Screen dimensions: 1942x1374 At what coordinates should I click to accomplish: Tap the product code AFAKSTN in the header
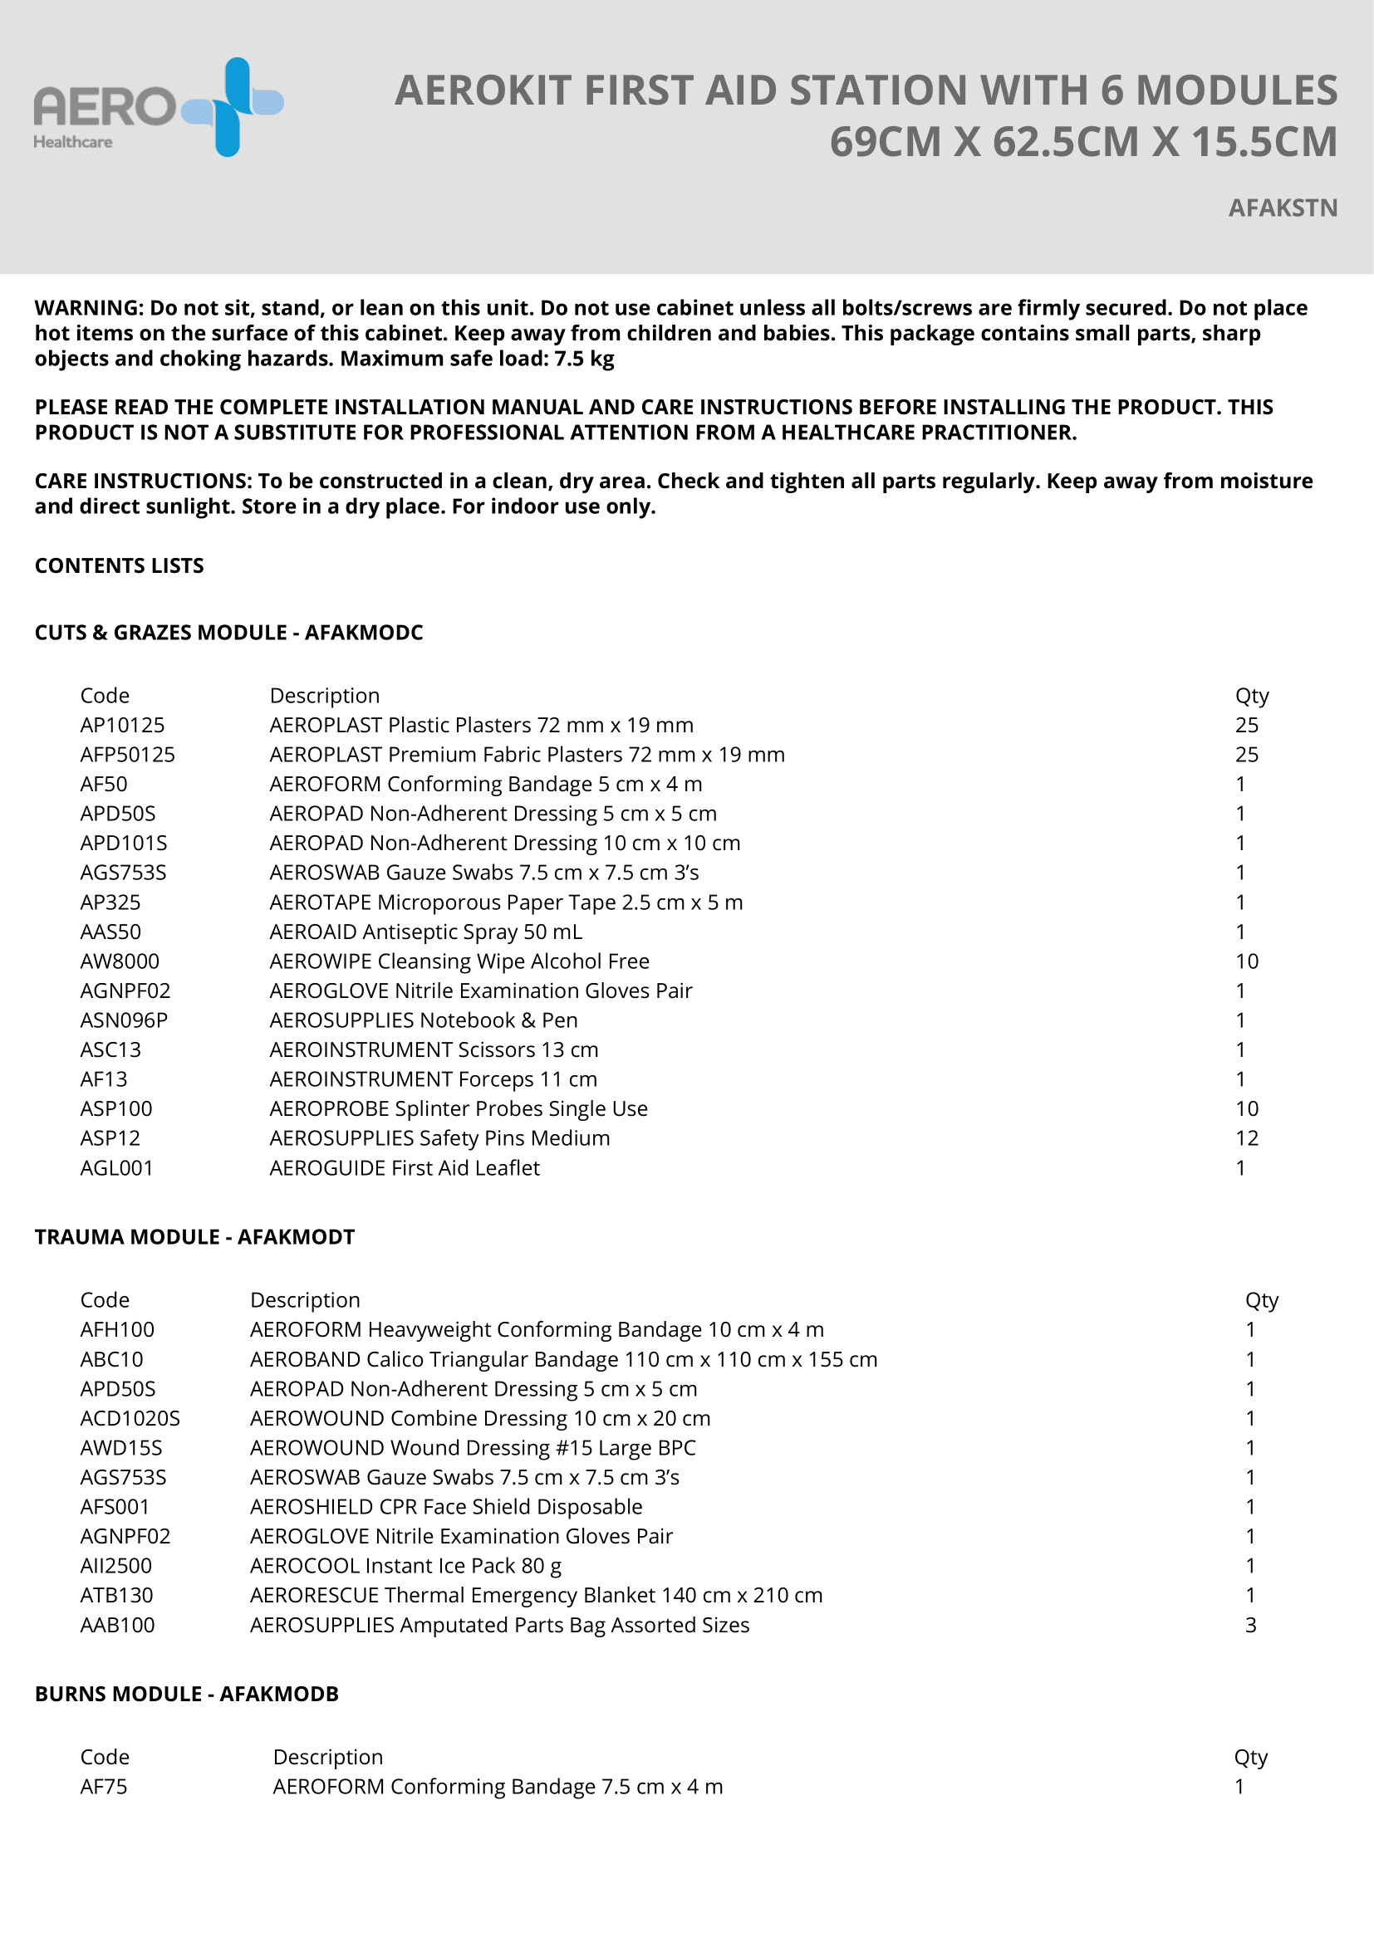coord(1283,208)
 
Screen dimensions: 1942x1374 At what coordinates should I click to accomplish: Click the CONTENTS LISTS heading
coord(120,566)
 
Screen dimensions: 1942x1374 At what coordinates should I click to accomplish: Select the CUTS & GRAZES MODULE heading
coord(228,633)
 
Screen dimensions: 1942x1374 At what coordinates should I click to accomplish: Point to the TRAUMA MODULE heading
coord(194,1236)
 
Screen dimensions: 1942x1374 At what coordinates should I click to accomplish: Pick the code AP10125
coord(123,725)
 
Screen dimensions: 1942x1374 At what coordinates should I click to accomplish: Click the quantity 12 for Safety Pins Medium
coord(1246,1138)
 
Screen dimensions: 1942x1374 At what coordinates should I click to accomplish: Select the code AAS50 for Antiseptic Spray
coord(110,932)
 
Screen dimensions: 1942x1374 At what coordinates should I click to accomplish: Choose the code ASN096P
coord(124,1020)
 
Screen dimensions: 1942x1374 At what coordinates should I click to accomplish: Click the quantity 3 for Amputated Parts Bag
coord(1250,1625)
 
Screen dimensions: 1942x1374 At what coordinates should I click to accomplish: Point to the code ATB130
coord(117,1595)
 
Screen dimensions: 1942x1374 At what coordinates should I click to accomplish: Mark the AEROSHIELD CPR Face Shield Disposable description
coord(446,1506)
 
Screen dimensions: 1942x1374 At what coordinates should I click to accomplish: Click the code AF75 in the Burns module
coord(103,1787)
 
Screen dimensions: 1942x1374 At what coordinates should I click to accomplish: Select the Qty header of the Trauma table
coord(1262,1300)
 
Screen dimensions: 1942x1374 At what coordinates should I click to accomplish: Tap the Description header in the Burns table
coord(327,1757)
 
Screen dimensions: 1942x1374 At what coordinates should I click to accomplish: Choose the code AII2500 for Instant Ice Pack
coord(116,1566)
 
